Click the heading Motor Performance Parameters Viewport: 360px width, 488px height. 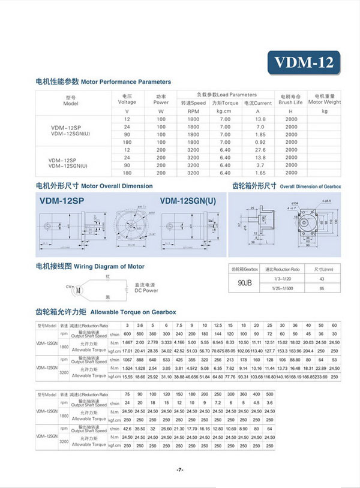tap(103, 82)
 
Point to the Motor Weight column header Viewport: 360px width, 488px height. tap(325, 99)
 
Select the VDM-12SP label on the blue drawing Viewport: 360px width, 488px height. tap(62, 202)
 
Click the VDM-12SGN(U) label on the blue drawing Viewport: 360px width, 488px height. tap(187, 202)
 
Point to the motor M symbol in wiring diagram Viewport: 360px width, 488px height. tap(77, 290)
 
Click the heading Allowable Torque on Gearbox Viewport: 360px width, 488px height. tap(106, 312)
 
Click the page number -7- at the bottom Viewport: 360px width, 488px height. tap(180, 469)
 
